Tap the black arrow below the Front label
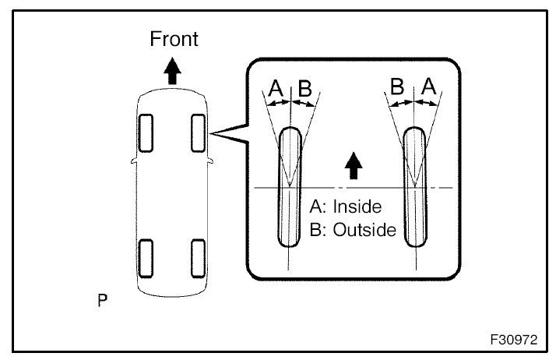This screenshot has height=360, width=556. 173,72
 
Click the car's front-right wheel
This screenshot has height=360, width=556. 199,132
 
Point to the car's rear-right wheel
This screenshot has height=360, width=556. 199,257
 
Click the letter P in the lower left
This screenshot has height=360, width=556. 102,299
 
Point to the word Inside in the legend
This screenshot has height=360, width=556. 356,207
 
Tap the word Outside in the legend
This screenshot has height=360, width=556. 362,231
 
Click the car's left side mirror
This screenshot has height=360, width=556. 133,162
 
